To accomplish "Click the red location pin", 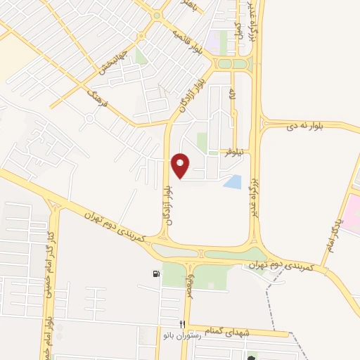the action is coord(181,165).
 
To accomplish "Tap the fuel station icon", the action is coord(155,274).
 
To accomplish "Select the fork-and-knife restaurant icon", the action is coord(181,323).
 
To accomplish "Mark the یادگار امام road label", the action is coord(335,233).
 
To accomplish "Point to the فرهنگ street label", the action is coord(96,101).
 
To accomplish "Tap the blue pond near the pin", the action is coord(232,182).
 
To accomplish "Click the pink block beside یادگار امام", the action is coord(351,214).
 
